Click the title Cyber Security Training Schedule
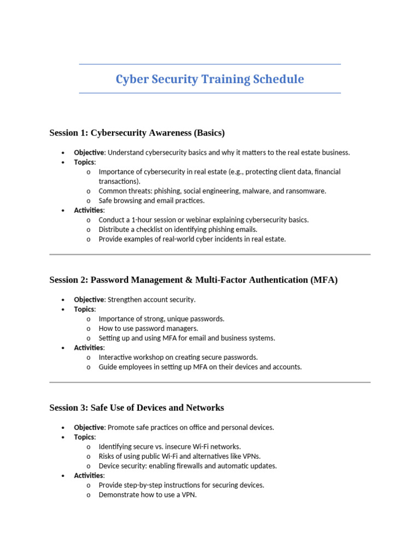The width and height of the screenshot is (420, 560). [209, 79]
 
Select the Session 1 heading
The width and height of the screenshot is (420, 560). [137, 133]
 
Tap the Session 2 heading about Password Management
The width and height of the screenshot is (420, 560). [193, 280]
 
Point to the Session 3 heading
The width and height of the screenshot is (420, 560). [136, 408]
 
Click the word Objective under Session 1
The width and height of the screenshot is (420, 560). [89, 153]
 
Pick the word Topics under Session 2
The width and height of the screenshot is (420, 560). [84, 310]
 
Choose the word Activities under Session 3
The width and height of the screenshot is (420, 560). [88, 476]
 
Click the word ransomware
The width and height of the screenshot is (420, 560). [306, 191]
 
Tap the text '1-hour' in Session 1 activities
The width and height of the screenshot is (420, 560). [139, 220]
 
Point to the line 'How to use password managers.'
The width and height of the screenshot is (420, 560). [148, 329]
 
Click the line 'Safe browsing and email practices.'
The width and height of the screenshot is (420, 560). [151, 201]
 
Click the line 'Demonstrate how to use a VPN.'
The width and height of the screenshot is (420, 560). [147, 495]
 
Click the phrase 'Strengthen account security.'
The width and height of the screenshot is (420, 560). [151, 300]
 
